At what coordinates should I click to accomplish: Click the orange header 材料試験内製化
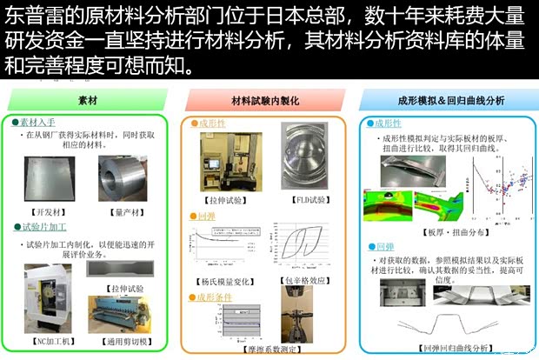pyautogui.click(x=263, y=100)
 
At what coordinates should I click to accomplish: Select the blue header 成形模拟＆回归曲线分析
pyautogui.click(x=445, y=100)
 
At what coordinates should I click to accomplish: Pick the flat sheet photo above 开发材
pyautogui.click(x=51, y=177)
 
